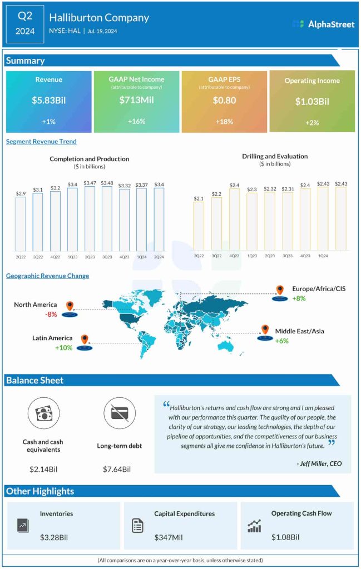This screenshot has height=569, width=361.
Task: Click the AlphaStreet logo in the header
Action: coord(323,24)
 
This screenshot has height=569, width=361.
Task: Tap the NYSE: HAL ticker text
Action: coord(65,31)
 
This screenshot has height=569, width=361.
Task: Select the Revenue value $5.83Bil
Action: coord(48,101)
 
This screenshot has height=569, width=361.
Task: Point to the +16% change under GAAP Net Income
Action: coord(136,121)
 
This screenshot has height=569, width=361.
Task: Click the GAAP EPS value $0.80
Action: coord(224,101)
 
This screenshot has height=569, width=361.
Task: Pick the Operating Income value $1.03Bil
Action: coord(311,102)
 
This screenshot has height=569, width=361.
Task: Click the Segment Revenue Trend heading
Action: coord(41,142)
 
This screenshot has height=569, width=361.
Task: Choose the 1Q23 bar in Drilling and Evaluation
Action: coord(251,221)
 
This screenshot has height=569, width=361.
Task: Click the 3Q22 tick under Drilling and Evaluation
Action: coord(216,256)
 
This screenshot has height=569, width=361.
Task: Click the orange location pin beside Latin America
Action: coord(85,339)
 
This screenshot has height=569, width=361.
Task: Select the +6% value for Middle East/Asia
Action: coord(281,341)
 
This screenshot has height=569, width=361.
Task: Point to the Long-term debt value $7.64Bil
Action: coord(117,470)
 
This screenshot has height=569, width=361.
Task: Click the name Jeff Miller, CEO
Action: coord(319,463)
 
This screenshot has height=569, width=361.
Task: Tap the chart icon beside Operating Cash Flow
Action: coord(255,526)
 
